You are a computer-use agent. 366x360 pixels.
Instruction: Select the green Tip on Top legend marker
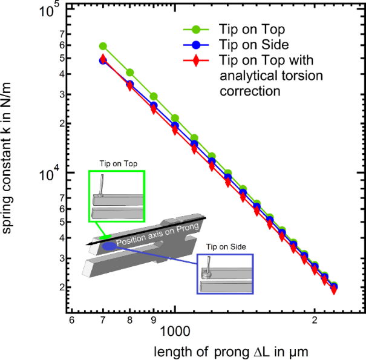(197, 29)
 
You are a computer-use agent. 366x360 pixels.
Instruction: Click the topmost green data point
(103, 46)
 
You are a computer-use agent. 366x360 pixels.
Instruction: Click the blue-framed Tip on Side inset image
(224, 273)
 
